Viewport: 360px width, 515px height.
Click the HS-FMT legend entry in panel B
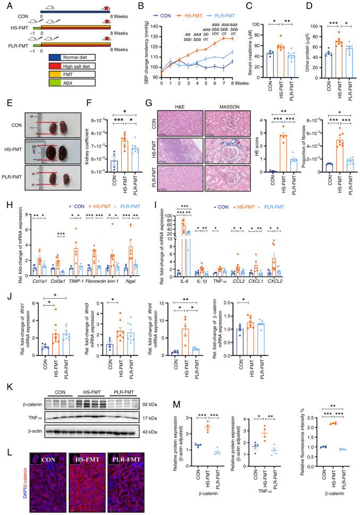(210, 9)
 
